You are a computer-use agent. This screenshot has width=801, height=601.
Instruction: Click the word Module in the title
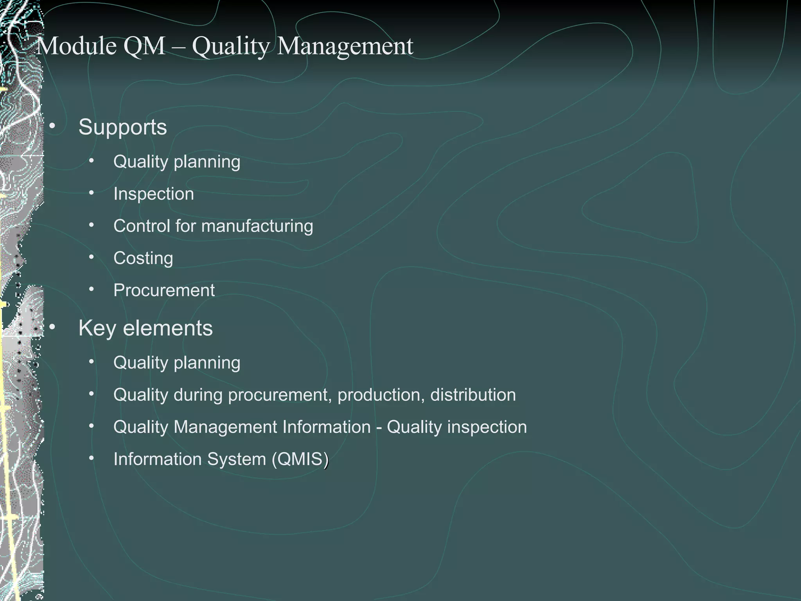pos(77,46)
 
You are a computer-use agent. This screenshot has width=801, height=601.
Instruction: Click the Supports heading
pos(122,127)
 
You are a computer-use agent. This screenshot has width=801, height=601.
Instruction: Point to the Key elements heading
pos(145,328)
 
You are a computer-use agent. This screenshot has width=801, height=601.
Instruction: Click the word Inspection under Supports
pos(154,194)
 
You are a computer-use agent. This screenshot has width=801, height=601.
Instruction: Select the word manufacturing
pos(257,226)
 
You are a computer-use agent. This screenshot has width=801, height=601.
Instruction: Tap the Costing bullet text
pos(143,258)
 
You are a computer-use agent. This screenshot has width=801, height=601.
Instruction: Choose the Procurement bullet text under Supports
pos(164,290)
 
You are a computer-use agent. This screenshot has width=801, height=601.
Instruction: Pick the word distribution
pos(473,395)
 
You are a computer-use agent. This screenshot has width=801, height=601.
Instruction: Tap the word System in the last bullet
pos(236,459)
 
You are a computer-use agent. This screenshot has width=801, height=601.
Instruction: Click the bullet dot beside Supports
pos(52,126)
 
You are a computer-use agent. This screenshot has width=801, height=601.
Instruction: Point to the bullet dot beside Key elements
pos(52,327)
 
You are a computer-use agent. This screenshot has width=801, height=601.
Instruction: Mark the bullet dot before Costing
pos(91,257)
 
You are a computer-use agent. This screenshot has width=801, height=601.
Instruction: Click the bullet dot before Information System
pos(91,458)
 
